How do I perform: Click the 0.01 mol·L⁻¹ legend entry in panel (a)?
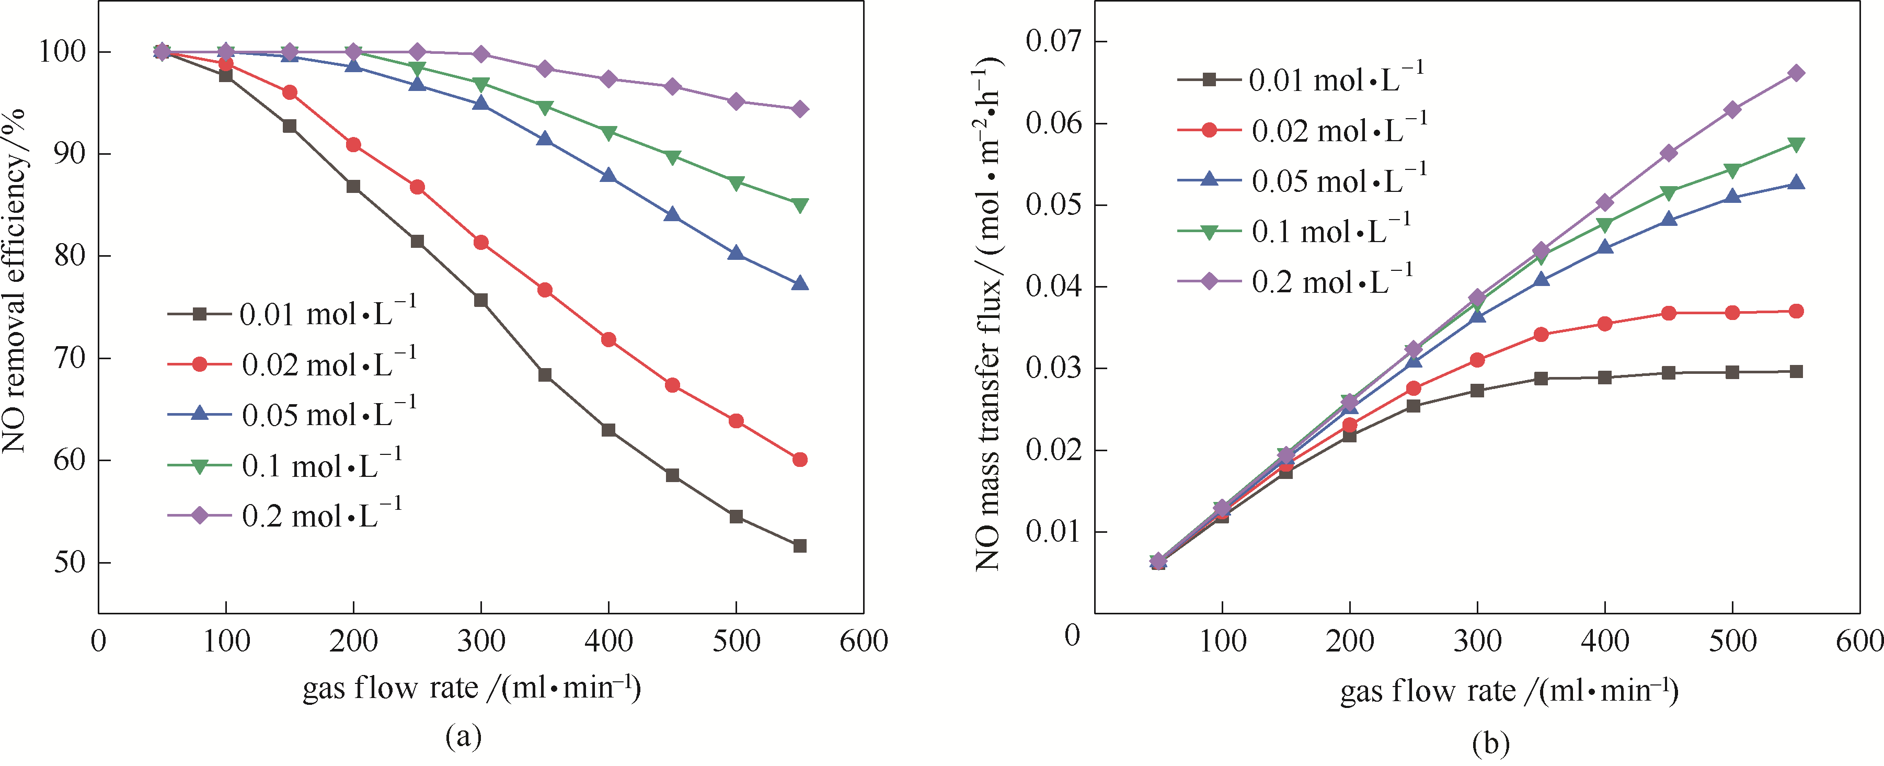(293, 314)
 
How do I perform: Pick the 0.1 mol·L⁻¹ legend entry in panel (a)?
(285, 466)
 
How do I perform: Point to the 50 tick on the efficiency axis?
(70, 563)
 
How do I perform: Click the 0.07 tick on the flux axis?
(1053, 42)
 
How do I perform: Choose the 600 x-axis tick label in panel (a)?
(863, 642)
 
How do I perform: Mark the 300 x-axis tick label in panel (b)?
(1477, 642)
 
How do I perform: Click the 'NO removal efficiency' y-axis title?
(15, 282)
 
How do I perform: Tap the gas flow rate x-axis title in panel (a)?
(472, 688)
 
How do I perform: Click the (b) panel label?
(1490, 744)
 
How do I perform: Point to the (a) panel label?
(464, 736)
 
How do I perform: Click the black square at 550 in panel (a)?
(799, 546)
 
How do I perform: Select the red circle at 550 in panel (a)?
(799, 460)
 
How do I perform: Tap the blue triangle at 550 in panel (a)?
(799, 283)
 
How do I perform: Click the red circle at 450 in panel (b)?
(1668, 313)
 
